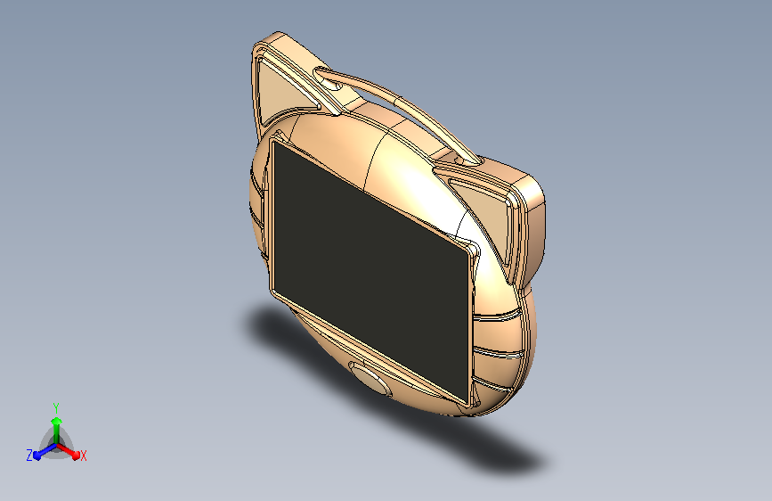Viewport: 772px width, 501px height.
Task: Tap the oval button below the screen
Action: click(371, 379)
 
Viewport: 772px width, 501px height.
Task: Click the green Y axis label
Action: click(56, 407)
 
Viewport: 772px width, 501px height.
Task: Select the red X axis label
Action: click(83, 456)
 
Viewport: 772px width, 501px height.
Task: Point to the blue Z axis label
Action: click(29, 455)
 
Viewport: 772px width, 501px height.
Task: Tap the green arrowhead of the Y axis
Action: click(57, 422)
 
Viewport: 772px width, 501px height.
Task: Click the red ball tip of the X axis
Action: click(76, 456)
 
